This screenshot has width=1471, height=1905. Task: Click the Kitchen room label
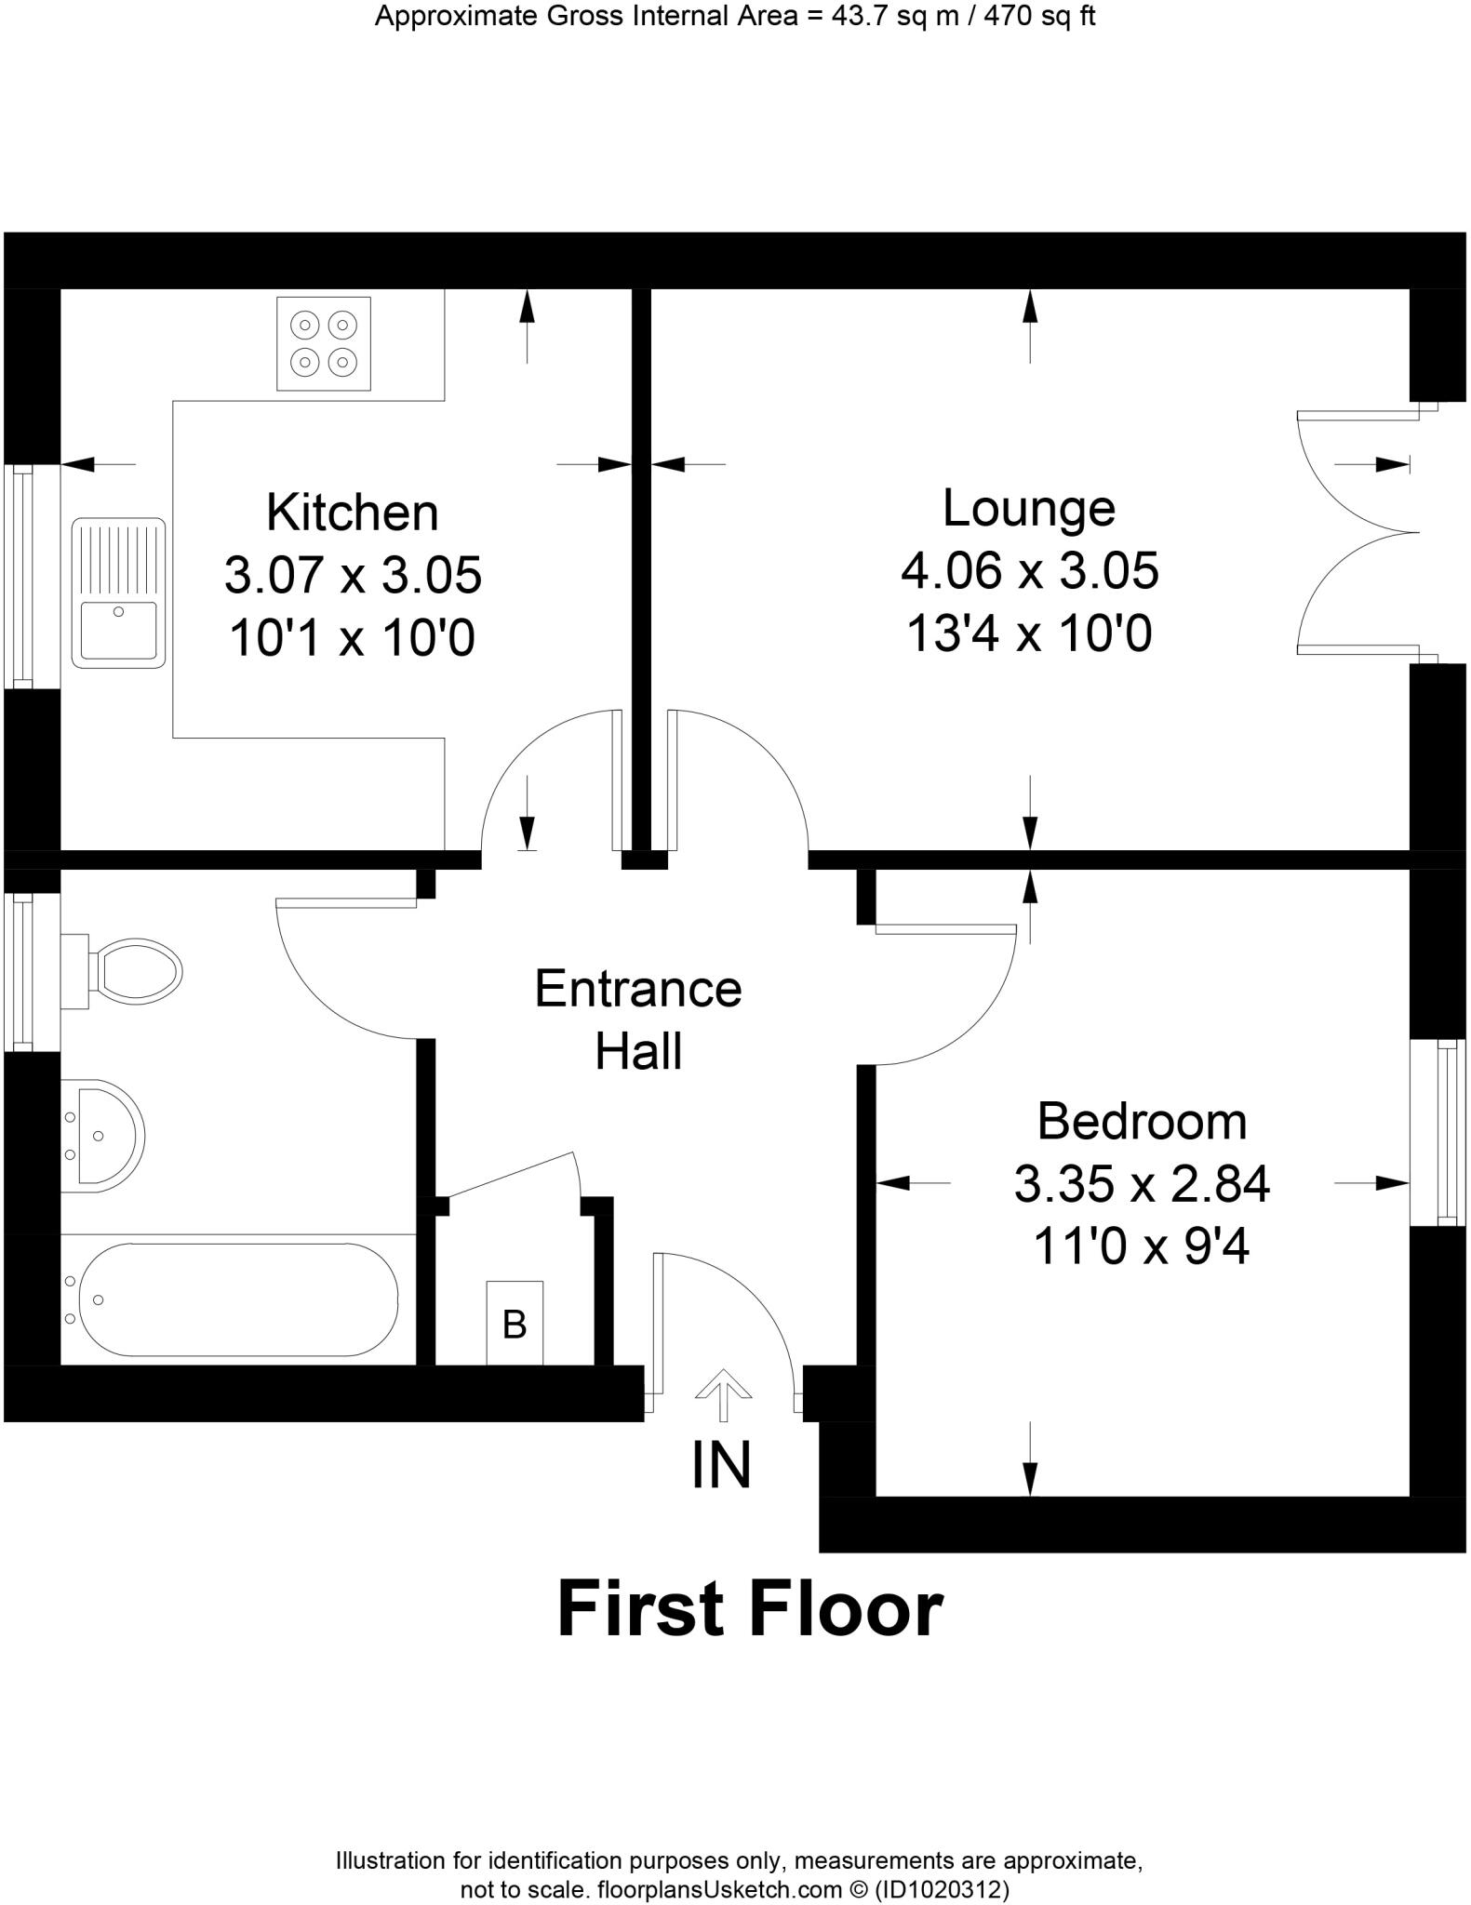[x=352, y=513]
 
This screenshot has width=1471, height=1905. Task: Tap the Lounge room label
[x=1028, y=508]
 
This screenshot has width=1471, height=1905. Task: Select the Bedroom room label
[x=1141, y=1121]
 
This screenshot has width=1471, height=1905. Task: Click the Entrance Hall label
[x=637, y=1019]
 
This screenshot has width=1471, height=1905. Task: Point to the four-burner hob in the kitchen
[x=323, y=343]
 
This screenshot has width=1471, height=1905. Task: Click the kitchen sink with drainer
[x=118, y=593]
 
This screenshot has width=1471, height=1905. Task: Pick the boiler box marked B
[x=515, y=1323]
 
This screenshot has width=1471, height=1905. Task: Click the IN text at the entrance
[x=721, y=1465]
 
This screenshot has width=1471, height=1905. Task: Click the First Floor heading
[x=749, y=1611]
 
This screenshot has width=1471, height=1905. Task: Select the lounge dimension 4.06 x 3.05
[x=1029, y=570]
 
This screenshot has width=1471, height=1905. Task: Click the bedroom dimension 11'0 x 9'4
[x=1141, y=1246]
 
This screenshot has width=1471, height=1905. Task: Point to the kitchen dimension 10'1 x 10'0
[x=352, y=638]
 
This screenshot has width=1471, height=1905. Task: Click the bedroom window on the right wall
[x=1438, y=1132]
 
